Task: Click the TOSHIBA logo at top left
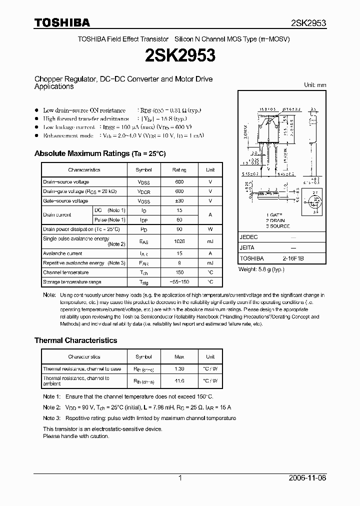coord(61,22)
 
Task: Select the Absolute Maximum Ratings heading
coord(99,153)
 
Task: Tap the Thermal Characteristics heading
coord(75,340)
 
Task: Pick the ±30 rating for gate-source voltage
coord(179,201)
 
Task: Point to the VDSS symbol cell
coord(144,182)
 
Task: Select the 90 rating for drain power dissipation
coord(179,229)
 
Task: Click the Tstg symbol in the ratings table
coord(144,282)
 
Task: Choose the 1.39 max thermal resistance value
coord(179,369)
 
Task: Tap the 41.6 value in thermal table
coord(179,381)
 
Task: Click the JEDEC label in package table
coord(248,237)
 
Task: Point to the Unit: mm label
coord(315,85)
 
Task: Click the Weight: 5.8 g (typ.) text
coord(261,269)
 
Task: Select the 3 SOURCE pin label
coord(278,226)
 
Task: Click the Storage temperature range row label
coord(65,282)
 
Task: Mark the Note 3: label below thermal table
coord(51,418)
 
